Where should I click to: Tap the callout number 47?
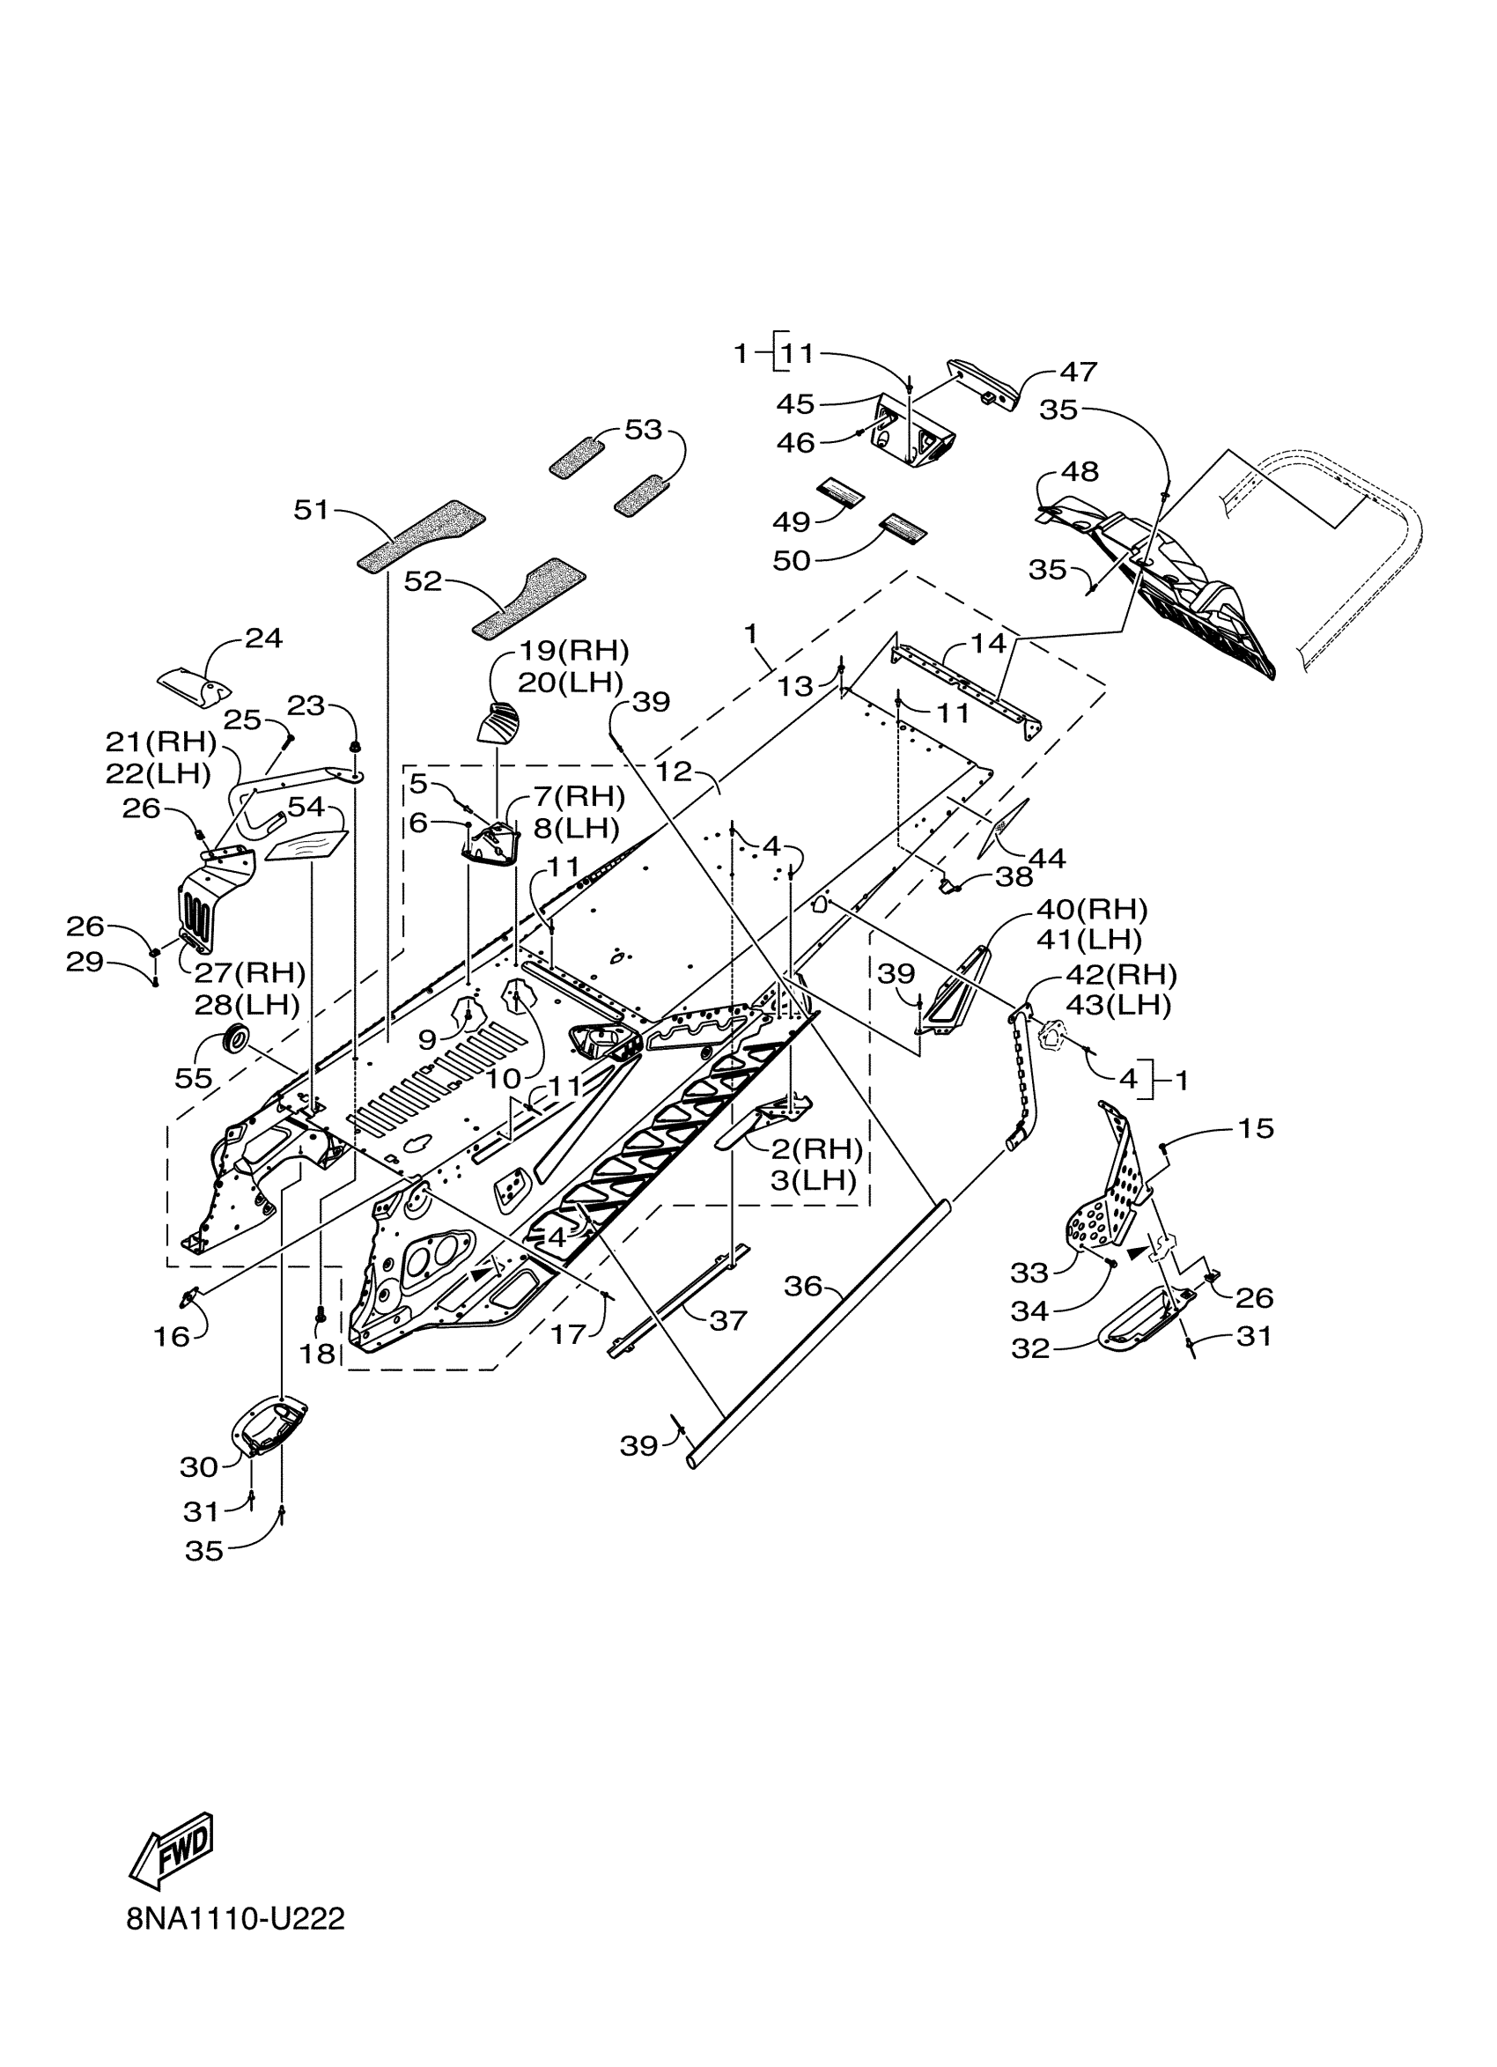click(x=1078, y=372)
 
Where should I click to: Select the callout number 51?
click(x=311, y=509)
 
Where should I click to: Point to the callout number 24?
click(x=263, y=638)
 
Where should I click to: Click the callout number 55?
click(x=193, y=1078)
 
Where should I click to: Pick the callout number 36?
click(x=803, y=1286)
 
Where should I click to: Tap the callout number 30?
click(x=199, y=1466)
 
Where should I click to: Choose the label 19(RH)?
click(x=574, y=651)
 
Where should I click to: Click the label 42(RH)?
click(x=1121, y=975)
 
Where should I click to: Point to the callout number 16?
click(x=172, y=1336)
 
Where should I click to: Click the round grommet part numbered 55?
click(x=237, y=1037)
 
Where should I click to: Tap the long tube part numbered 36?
click(x=820, y=1340)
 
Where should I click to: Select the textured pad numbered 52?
click(x=528, y=597)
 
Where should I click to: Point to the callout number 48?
click(x=1080, y=472)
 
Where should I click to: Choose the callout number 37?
click(x=728, y=1319)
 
